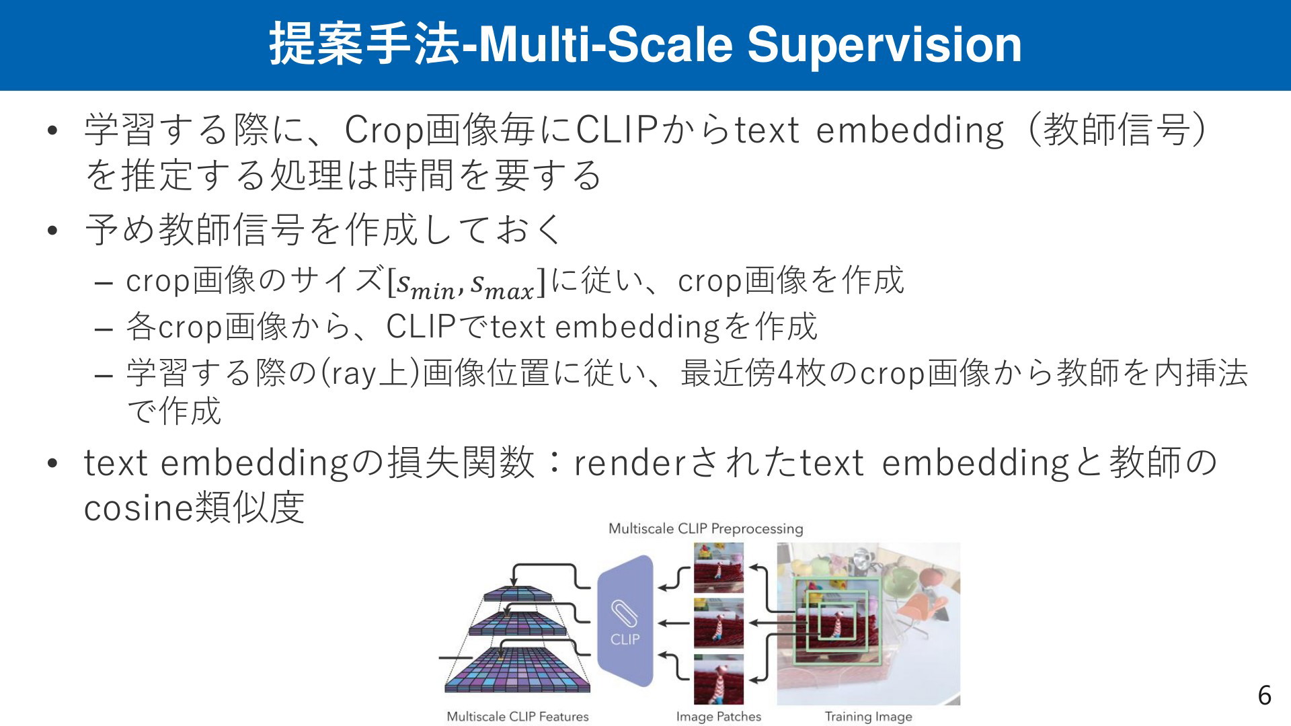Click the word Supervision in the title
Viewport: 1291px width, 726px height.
tap(884, 46)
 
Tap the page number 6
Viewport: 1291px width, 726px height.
tap(1264, 695)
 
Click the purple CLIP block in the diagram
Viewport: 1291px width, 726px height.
tap(625, 622)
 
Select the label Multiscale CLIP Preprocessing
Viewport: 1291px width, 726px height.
tap(705, 528)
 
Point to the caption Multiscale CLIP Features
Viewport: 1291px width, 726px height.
tap(518, 717)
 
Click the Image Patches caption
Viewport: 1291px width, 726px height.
tap(719, 717)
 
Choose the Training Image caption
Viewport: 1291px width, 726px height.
tap(869, 717)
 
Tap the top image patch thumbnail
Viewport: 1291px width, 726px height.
tap(719, 567)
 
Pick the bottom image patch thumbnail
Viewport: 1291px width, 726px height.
tap(719, 679)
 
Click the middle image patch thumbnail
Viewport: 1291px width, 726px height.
tap(719, 623)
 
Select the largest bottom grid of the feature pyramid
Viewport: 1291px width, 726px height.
tap(518, 672)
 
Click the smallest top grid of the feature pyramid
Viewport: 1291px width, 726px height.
tap(518, 594)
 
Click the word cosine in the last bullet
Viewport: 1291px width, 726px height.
tap(139, 508)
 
